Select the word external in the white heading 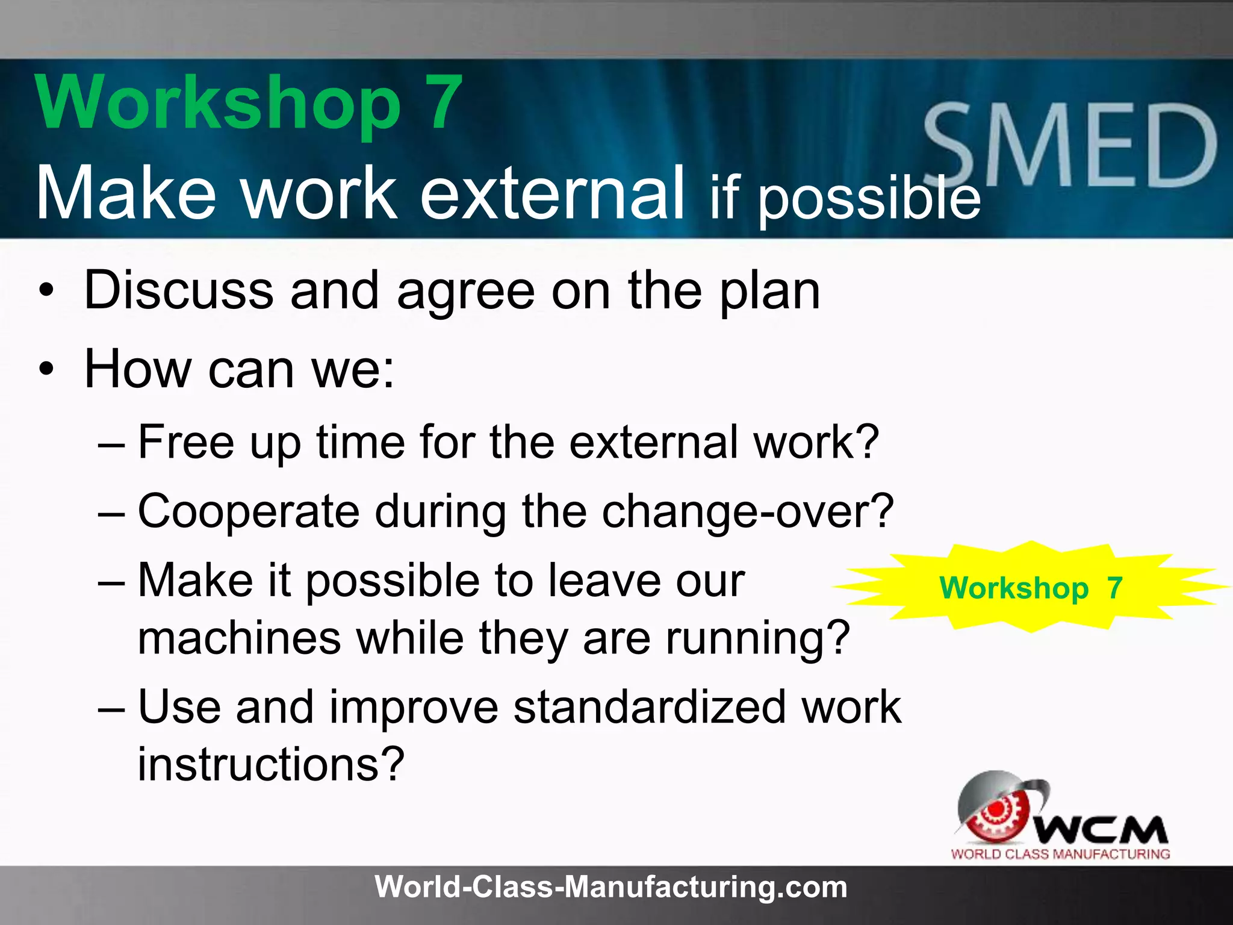click(552, 193)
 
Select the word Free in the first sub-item click(186, 442)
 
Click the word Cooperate click(248, 512)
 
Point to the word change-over click(747, 512)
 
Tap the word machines click(240, 638)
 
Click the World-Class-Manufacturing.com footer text click(610, 887)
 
